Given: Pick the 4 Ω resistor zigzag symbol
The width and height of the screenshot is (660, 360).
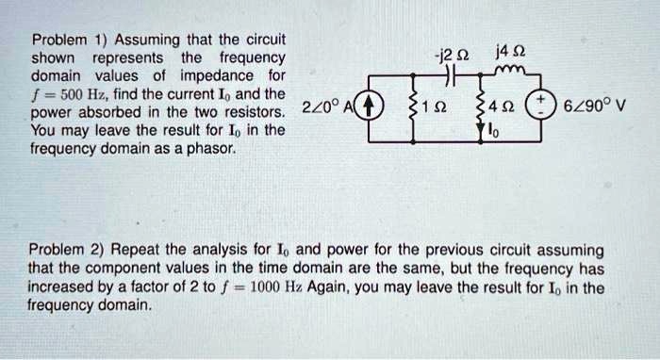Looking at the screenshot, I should click(x=483, y=106).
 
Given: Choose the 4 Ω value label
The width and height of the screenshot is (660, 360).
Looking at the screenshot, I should click(x=505, y=106).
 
